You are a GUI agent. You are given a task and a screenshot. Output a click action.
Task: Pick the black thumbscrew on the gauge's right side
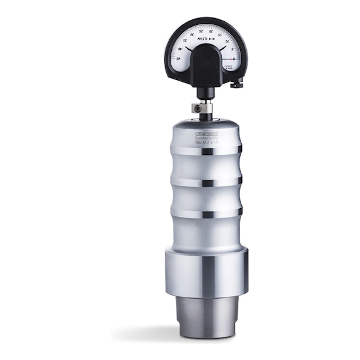236,84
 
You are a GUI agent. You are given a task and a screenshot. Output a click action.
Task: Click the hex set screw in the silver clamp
196,109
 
